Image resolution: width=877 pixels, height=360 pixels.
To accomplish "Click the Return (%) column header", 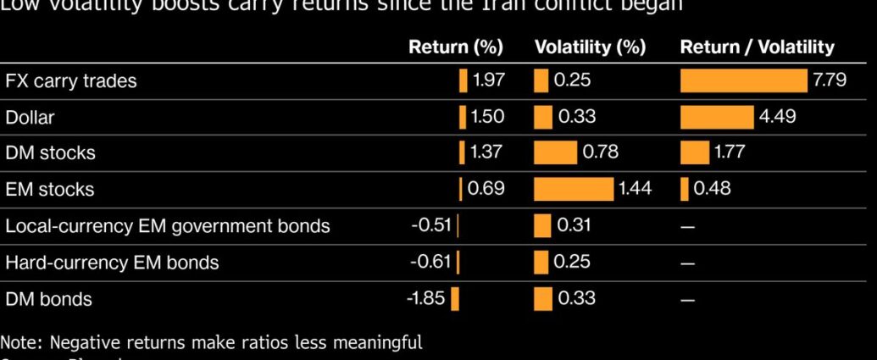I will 456,47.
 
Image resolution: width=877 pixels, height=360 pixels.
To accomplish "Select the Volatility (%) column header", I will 591,47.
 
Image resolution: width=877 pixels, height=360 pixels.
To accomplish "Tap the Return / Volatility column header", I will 757,47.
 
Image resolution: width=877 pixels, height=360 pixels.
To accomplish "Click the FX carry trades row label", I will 71,81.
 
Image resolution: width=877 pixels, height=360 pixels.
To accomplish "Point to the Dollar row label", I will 30,118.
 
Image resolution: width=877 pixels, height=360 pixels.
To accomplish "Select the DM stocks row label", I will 50,153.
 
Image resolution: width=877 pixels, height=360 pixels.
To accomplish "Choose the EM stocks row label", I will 49,190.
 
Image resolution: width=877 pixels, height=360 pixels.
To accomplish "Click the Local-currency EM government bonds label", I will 168,226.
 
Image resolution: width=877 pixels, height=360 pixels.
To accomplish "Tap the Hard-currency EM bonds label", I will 112,263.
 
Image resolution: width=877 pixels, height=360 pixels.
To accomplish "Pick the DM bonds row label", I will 48,299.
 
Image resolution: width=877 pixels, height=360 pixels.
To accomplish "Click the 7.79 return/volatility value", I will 830,80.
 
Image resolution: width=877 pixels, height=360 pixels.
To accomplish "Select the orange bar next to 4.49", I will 716,117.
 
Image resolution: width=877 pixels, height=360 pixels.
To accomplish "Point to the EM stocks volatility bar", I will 573,189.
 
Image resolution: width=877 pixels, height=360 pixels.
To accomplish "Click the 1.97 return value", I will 489,80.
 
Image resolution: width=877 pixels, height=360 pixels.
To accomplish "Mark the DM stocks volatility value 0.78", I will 601,152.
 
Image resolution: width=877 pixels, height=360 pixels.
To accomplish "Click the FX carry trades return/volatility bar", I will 743,80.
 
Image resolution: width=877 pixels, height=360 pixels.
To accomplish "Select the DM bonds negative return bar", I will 455,299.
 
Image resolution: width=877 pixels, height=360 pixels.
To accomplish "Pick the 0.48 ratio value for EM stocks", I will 712,189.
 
